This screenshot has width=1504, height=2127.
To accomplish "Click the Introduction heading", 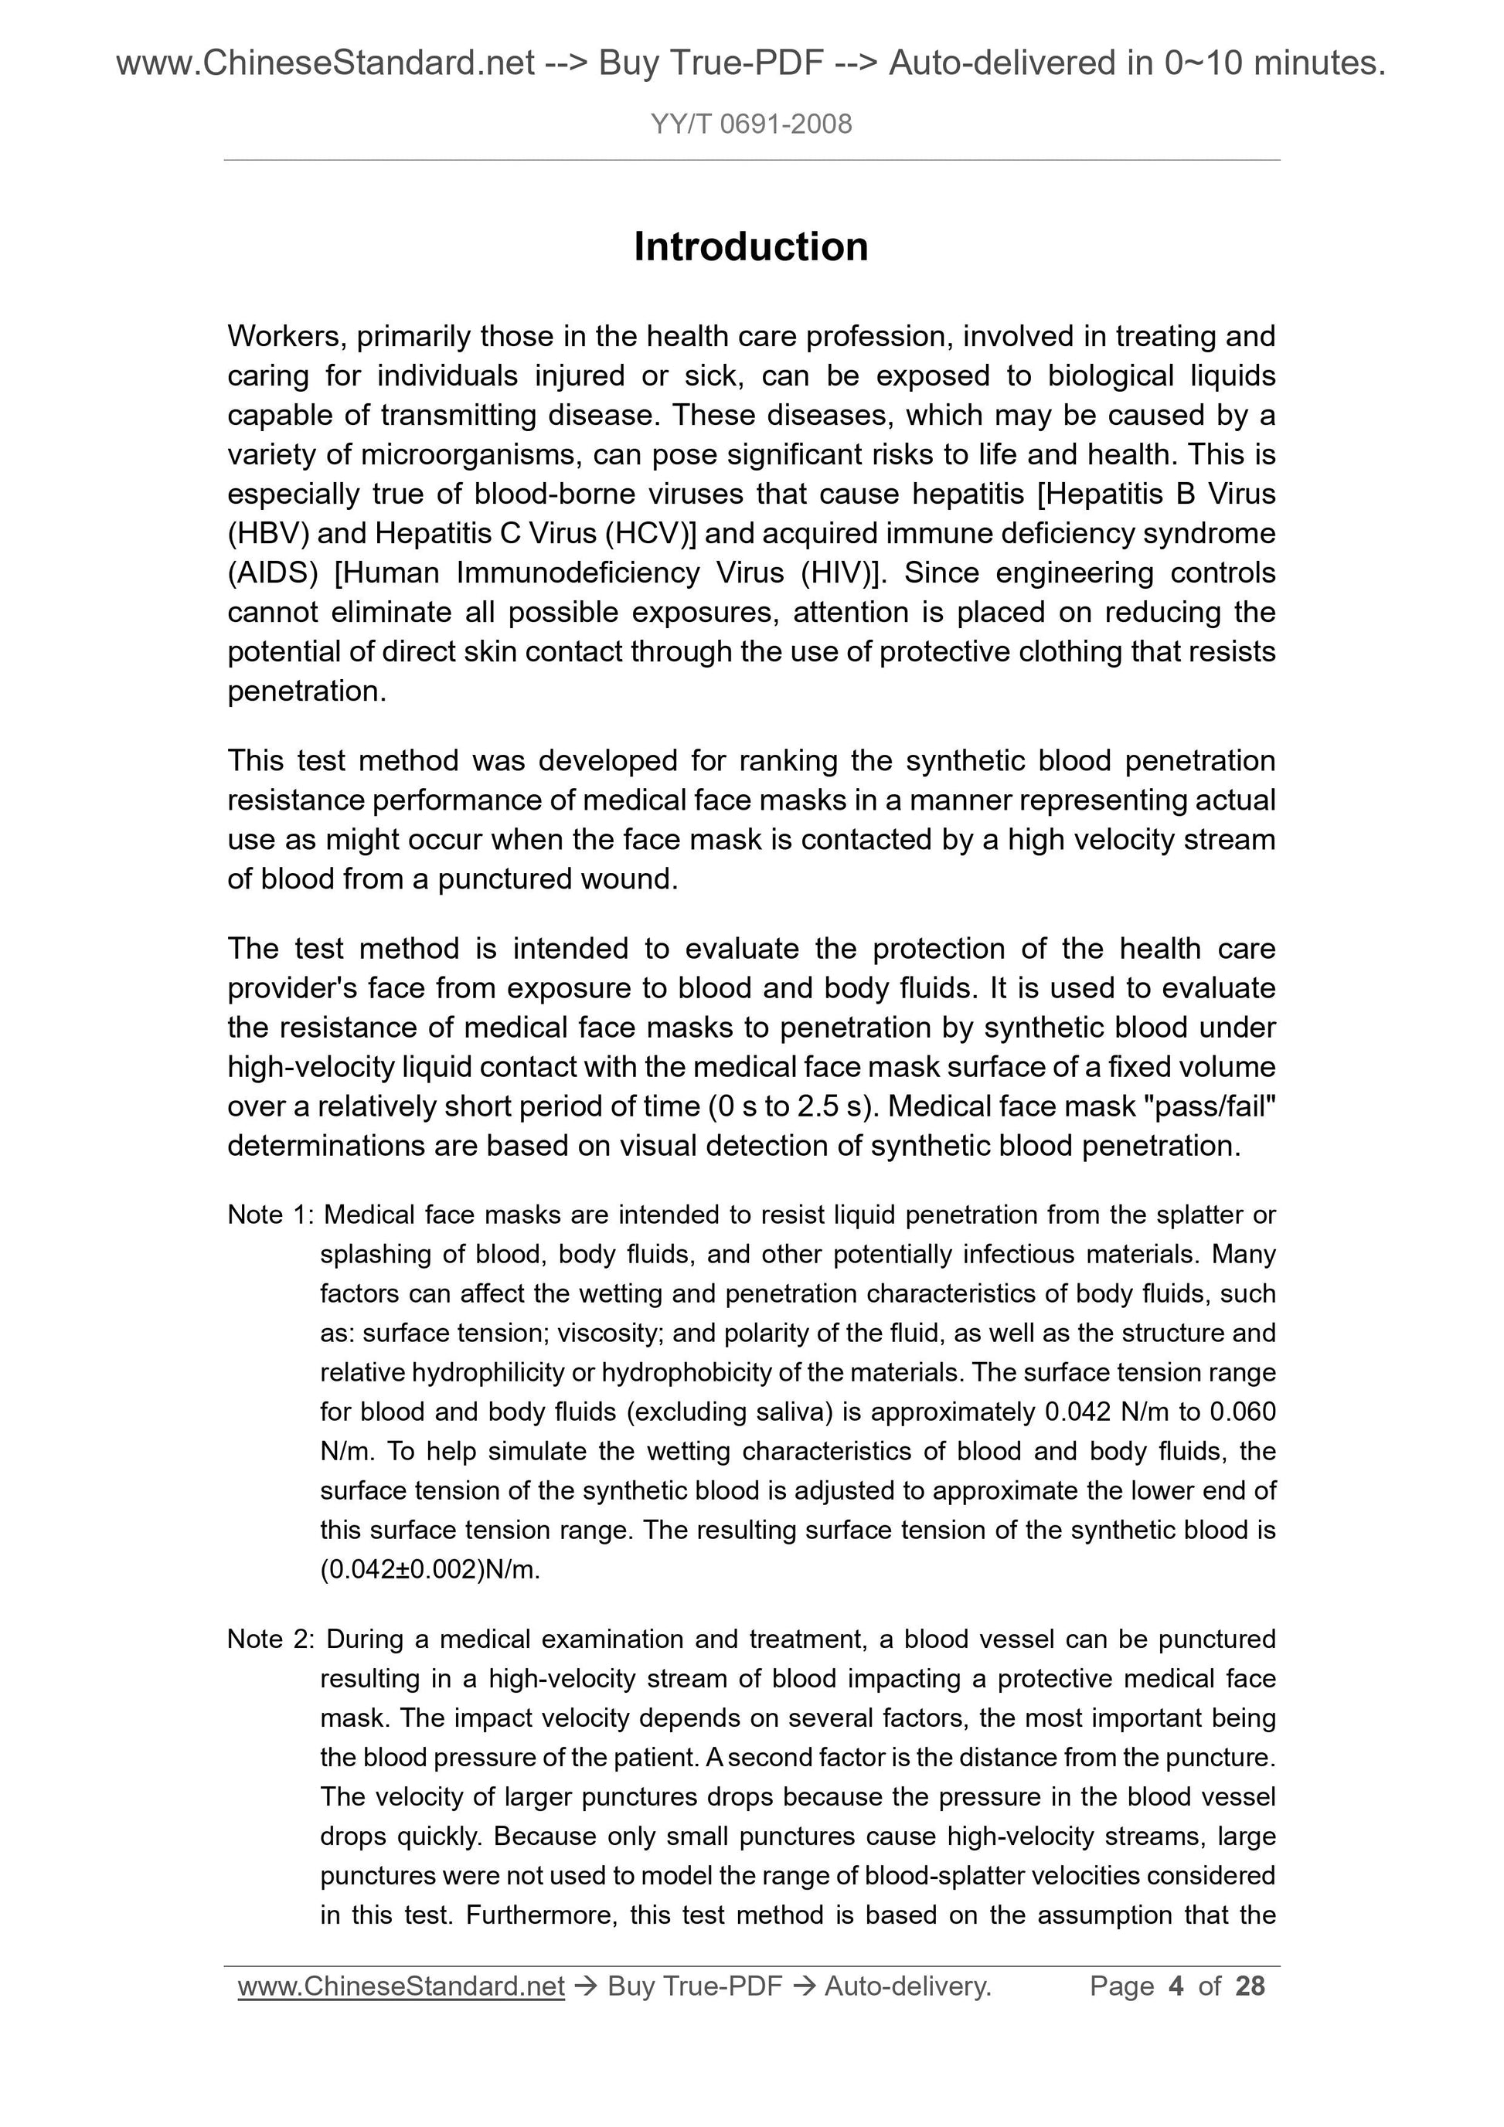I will pos(750,247).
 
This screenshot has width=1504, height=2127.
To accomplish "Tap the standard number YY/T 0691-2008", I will pos(750,124).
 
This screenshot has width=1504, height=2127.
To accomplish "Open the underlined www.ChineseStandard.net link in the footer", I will pos(400,1986).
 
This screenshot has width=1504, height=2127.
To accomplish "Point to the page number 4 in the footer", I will pos(1177,1986).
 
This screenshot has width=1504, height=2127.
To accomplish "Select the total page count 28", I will pos(1250,1986).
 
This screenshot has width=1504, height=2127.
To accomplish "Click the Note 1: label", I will pos(271,1215).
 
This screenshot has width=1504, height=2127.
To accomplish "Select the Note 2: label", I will pos(271,1639).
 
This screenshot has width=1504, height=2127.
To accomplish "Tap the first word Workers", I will pos(284,336).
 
